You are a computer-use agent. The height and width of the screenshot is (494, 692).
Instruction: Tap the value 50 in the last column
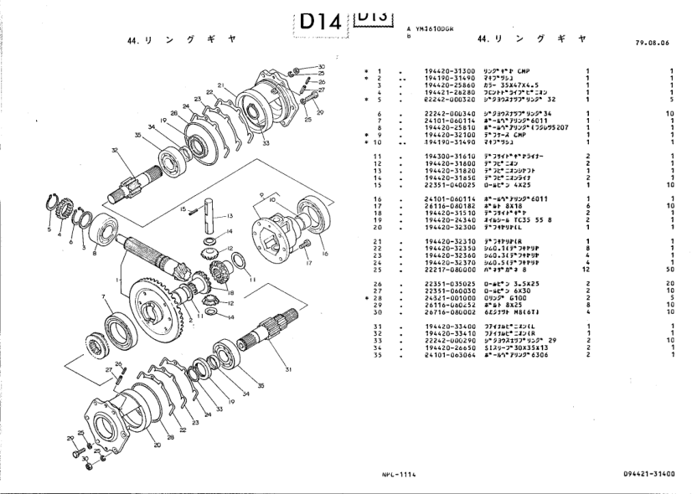click(671, 270)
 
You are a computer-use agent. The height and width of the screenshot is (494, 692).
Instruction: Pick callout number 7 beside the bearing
click(104, 296)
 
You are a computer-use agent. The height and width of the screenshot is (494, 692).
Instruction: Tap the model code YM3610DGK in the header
click(436, 27)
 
